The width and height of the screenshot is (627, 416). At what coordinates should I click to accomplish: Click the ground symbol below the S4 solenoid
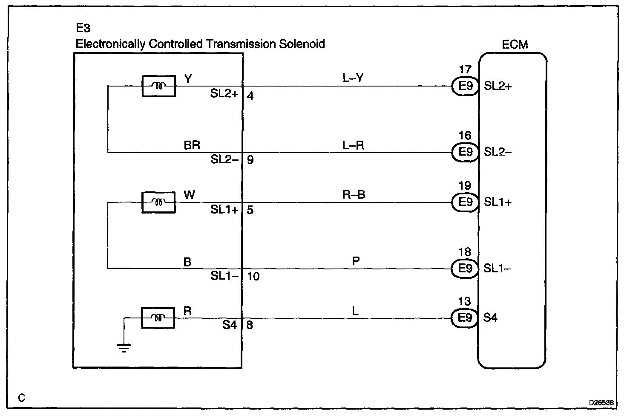[x=124, y=348]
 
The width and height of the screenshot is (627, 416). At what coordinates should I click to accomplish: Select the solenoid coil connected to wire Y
[x=158, y=86]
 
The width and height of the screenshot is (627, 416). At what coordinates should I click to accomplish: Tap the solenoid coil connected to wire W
[x=158, y=202]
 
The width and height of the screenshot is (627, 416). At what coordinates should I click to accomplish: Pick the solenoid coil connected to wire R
[x=158, y=318]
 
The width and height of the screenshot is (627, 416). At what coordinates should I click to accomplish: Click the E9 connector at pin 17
[x=465, y=86]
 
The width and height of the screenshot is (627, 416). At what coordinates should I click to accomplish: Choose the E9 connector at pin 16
[x=465, y=152]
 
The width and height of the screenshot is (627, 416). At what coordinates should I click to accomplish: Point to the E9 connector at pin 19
[x=465, y=202]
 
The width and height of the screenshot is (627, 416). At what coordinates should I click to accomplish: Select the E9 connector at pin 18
[x=465, y=269]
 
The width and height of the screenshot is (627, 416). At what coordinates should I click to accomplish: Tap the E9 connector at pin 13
[x=465, y=318]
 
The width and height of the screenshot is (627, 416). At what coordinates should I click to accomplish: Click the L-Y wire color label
[x=353, y=78]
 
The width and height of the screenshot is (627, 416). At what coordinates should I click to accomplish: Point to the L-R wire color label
[x=353, y=145]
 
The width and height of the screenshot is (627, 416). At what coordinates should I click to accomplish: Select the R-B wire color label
[x=354, y=195]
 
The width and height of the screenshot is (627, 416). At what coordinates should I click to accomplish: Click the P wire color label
[x=356, y=260]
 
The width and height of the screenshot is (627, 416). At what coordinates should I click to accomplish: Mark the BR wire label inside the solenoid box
[x=192, y=145]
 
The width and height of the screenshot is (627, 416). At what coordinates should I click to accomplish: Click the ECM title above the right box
[x=515, y=44]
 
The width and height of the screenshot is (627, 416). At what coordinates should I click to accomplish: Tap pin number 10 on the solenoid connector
[x=253, y=276]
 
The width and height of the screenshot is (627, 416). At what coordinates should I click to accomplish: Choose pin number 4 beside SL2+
[x=250, y=96]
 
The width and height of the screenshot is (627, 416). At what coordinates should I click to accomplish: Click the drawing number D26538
[x=601, y=402]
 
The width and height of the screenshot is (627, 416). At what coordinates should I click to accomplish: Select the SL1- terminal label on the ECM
[x=498, y=269]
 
